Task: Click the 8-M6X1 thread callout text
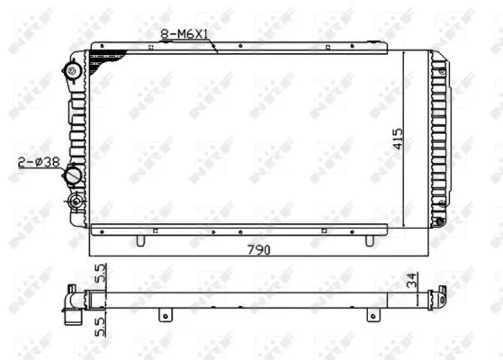click(x=185, y=34)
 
